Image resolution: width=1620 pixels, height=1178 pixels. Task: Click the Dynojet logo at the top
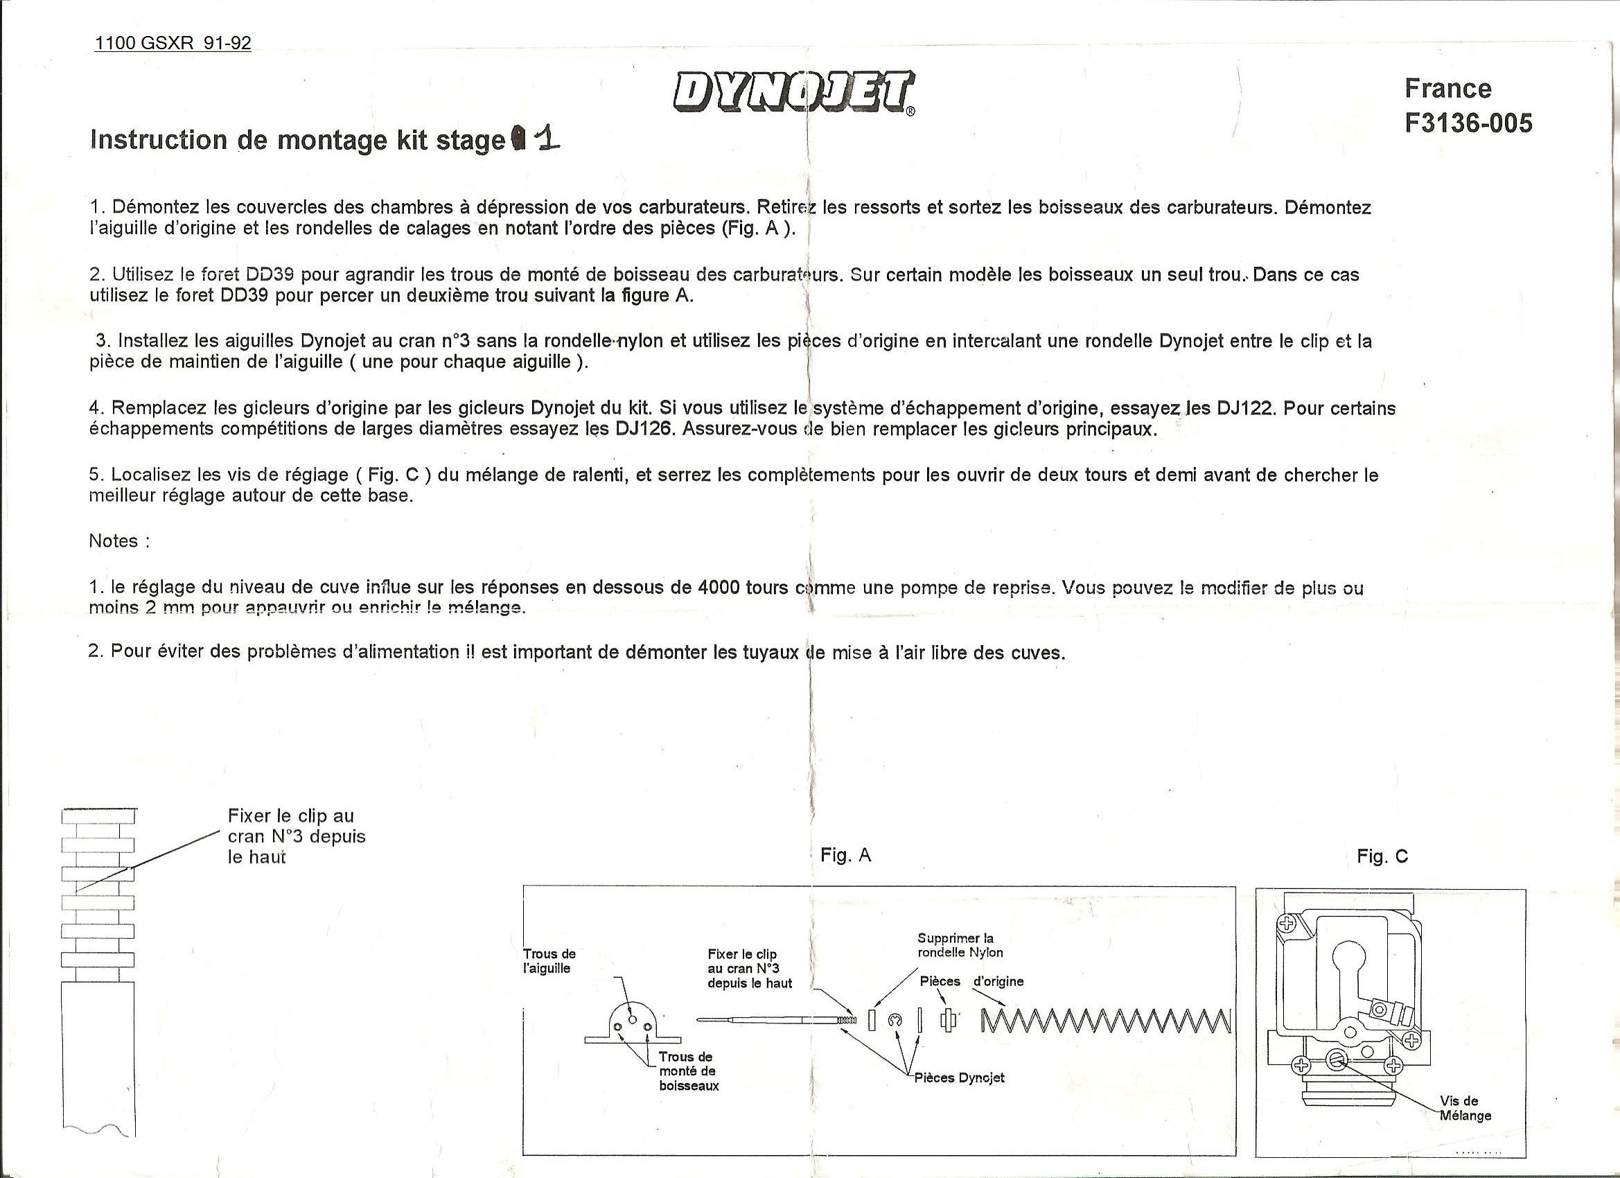793,92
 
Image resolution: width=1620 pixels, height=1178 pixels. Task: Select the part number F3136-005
1468,123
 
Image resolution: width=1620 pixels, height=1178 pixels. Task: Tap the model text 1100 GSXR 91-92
173,44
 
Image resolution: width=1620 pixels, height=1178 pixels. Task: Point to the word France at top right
1448,89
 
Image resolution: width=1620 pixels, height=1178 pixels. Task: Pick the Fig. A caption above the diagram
846,855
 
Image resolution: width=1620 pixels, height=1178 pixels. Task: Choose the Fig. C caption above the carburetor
1382,856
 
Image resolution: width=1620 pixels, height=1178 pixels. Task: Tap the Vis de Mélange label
1465,1108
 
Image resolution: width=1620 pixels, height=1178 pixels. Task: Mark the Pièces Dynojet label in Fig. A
959,1078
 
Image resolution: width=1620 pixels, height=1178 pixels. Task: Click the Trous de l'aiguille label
549,961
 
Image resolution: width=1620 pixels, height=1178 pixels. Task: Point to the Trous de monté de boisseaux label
688,1071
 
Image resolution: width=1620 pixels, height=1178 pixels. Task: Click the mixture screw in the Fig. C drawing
1337,1059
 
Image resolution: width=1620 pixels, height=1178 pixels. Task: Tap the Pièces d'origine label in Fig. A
971,981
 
